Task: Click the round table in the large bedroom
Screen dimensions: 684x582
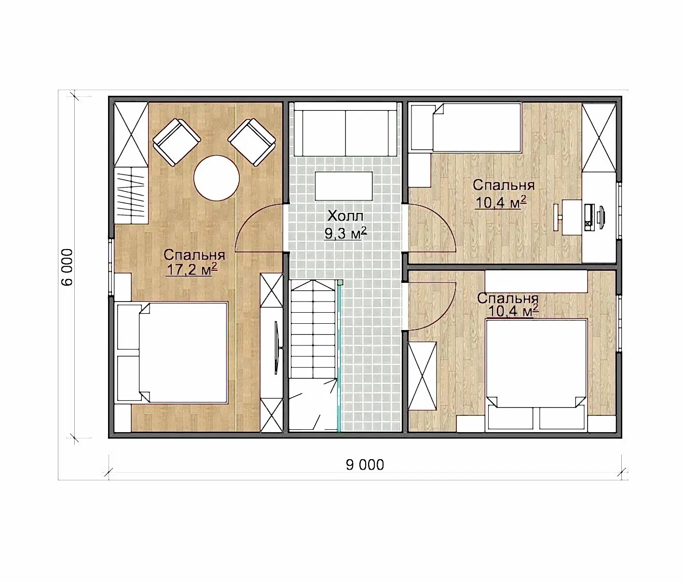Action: click(x=217, y=178)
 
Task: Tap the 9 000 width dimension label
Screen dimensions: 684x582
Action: click(x=365, y=465)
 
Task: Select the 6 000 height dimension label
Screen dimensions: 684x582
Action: click(x=67, y=267)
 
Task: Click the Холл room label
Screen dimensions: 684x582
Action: click(x=345, y=216)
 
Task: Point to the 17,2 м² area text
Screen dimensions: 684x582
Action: click(x=192, y=269)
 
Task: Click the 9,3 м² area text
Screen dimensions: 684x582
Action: click(x=345, y=233)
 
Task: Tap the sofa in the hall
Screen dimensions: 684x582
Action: click(x=345, y=129)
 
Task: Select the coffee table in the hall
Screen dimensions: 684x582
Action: click(x=344, y=186)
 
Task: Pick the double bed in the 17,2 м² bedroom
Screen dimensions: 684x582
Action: click(x=172, y=353)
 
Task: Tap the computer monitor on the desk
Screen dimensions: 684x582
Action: click(x=600, y=217)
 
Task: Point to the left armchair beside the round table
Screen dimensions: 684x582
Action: click(x=177, y=143)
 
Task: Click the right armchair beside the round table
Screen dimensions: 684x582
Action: click(x=252, y=142)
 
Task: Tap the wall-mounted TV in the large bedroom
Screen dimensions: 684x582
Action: click(x=277, y=348)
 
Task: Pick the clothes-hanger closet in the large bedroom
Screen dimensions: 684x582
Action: click(x=131, y=196)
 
